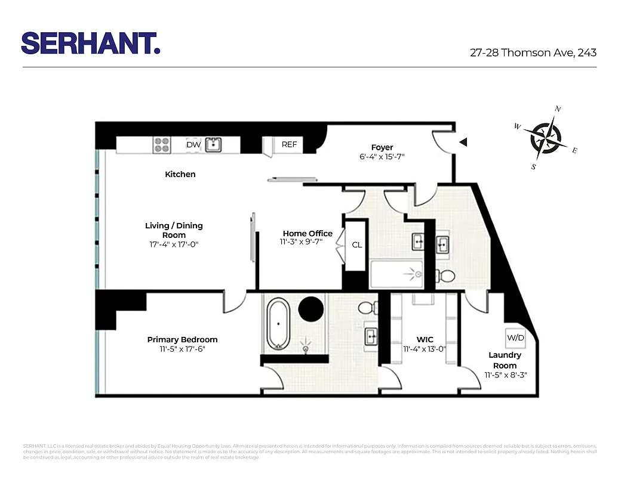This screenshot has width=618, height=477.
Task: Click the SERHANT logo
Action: pyautogui.click(x=91, y=44)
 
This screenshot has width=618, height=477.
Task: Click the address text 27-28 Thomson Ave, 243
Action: pyautogui.click(x=533, y=52)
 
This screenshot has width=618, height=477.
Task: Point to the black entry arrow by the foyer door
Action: pyautogui.click(x=463, y=143)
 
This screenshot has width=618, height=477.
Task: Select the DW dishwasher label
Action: pyautogui.click(x=193, y=145)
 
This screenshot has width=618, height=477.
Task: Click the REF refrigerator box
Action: pyautogui.click(x=289, y=145)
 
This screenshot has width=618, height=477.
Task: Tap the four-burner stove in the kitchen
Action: pyautogui.click(x=162, y=145)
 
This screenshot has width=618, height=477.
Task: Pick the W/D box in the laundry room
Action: pyautogui.click(x=515, y=337)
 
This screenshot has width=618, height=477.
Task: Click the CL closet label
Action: pyautogui.click(x=356, y=245)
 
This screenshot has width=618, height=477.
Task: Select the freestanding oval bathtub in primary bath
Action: pyautogui.click(x=278, y=324)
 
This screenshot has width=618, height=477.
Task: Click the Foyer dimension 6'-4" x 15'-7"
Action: pyautogui.click(x=382, y=157)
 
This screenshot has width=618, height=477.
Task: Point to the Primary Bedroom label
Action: pyautogui.click(x=182, y=339)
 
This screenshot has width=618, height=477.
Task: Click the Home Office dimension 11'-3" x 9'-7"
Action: pyautogui.click(x=305, y=242)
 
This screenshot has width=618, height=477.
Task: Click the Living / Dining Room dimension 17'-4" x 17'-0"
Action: pyautogui.click(x=174, y=244)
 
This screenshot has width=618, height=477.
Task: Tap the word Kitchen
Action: pyautogui.click(x=180, y=174)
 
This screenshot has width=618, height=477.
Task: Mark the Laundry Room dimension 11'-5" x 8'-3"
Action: pyautogui.click(x=505, y=376)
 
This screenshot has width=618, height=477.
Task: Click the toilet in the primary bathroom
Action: pyautogui.click(x=367, y=309)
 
